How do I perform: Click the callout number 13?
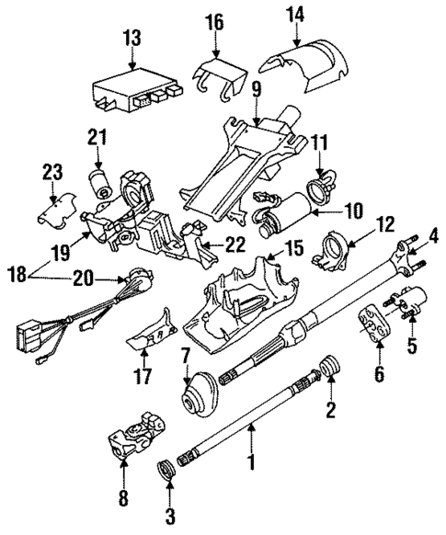tap(132, 38)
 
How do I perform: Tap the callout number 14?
tap(296, 16)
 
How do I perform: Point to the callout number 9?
tap(257, 90)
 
